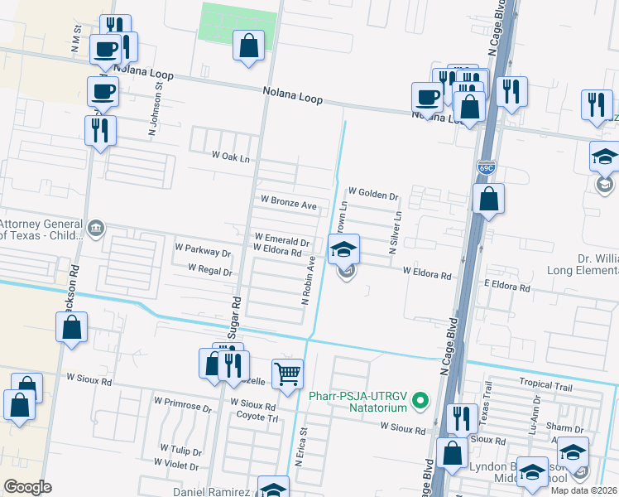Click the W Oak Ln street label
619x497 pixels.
click(230, 157)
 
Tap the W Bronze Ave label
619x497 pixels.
click(289, 201)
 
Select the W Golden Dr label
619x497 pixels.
click(373, 196)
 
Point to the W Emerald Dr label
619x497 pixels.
click(281, 237)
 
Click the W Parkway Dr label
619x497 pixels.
click(203, 248)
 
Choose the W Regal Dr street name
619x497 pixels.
click(210, 269)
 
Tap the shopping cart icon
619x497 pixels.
click(287, 373)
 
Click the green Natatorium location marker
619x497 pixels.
click(420, 401)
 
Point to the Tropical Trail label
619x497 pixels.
click(545, 383)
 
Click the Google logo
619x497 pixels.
click(27, 487)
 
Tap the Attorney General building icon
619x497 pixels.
click(97, 227)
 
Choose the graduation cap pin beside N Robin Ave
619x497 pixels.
click(344, 248)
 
